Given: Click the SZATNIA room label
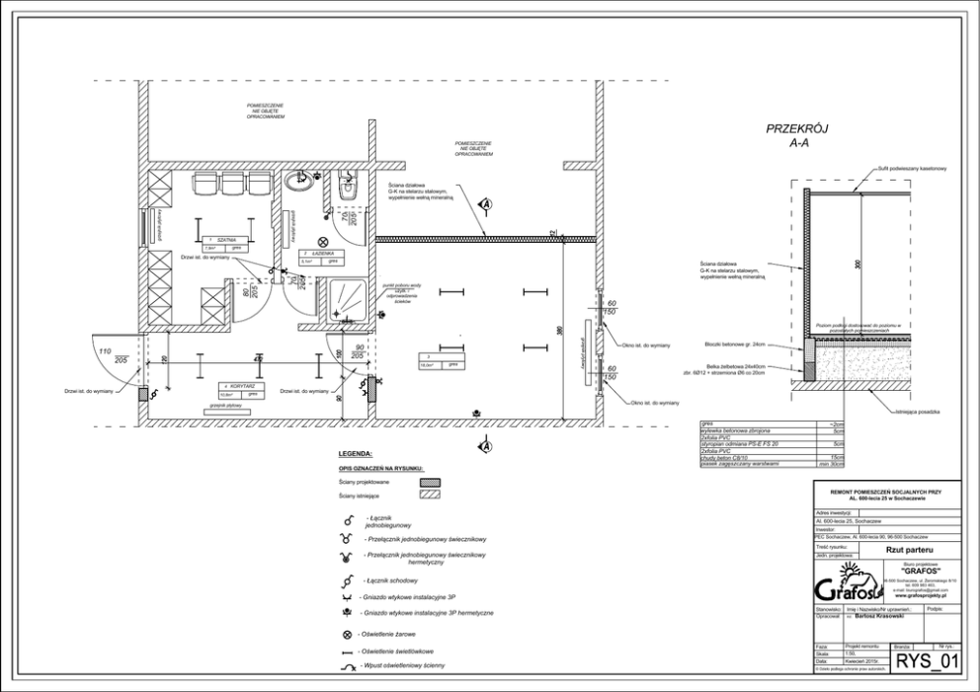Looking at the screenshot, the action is [226, 238].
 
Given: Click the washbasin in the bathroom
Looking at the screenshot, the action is [300, 181].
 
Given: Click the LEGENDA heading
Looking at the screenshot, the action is [357, 453].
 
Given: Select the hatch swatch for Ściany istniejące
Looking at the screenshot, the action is [430, 495].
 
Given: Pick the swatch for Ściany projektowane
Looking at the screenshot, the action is [430, 482].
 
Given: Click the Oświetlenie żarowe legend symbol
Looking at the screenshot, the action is [347, 634].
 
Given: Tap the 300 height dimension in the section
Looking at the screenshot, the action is [858, 266].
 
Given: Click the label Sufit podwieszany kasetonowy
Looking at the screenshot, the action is [913, 169].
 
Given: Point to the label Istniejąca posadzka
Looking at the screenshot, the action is [918, 410].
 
